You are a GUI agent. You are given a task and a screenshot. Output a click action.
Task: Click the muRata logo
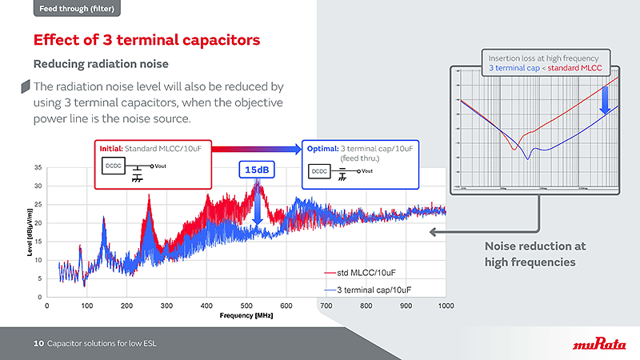coord(599,345)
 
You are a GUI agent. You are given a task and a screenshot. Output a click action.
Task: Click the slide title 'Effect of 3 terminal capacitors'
coord(146,40)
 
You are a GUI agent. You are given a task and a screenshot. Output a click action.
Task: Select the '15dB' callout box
coord(257,170)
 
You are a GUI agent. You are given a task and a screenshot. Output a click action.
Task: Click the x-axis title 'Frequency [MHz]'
coord(246,315)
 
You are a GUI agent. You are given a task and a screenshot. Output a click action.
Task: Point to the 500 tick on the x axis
coord(406,306)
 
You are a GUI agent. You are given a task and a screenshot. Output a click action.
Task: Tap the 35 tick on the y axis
coord(38,167)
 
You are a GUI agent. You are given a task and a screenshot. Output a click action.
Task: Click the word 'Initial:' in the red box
coord(111,149)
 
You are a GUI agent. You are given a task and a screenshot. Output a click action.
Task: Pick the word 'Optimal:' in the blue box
coord(321,149)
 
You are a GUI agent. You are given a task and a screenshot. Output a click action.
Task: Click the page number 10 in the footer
coord(38,344)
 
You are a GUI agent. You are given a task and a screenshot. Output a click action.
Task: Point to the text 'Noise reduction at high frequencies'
coord(530,254)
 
